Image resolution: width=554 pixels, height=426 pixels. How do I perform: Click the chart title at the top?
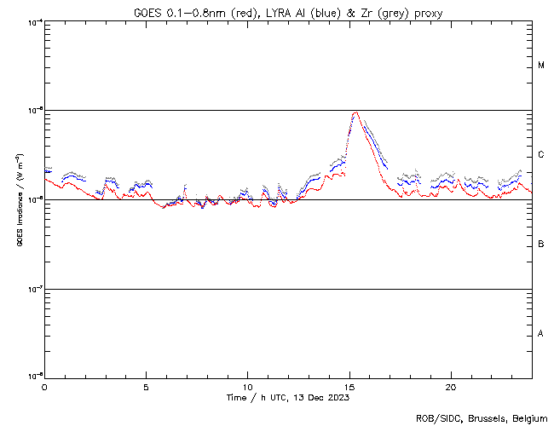point(288,11)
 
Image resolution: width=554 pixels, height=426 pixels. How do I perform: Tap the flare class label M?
point(541,66)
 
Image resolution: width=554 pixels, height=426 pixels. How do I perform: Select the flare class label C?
point(541,155)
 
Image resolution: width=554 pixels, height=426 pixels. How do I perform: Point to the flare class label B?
point(541,245)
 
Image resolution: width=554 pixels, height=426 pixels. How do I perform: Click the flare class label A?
point(541,334)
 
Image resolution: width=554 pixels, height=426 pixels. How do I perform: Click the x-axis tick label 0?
point(44,386)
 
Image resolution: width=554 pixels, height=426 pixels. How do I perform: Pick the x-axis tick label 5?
point(146,386)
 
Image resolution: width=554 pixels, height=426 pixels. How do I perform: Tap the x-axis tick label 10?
point(247,386)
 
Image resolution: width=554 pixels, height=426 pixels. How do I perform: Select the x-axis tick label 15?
point(349,386)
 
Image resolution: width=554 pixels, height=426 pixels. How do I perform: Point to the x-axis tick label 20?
point(451,386)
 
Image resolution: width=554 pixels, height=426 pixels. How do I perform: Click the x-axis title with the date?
point(288,397)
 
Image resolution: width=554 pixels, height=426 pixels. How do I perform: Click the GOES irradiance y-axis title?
point(17,200)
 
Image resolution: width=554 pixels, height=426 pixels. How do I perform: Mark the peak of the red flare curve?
point(355,112)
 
